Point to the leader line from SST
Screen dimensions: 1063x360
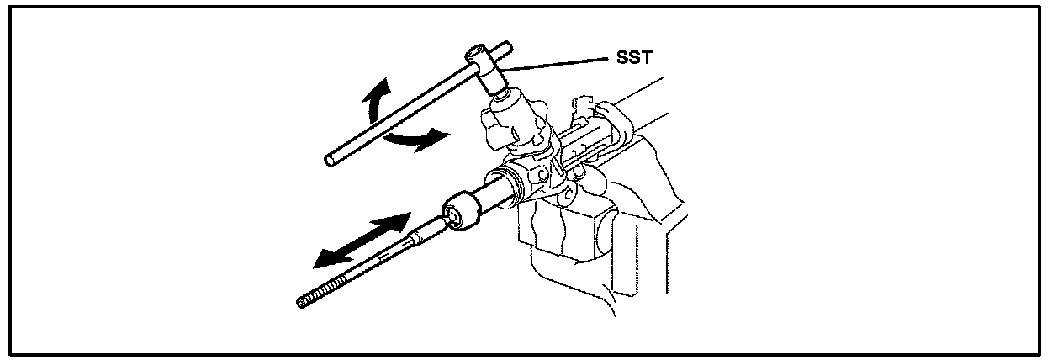tap(555, 64)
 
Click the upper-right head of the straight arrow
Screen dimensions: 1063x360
tap(397, 223)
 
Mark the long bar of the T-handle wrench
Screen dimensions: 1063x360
tap(404, 109)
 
